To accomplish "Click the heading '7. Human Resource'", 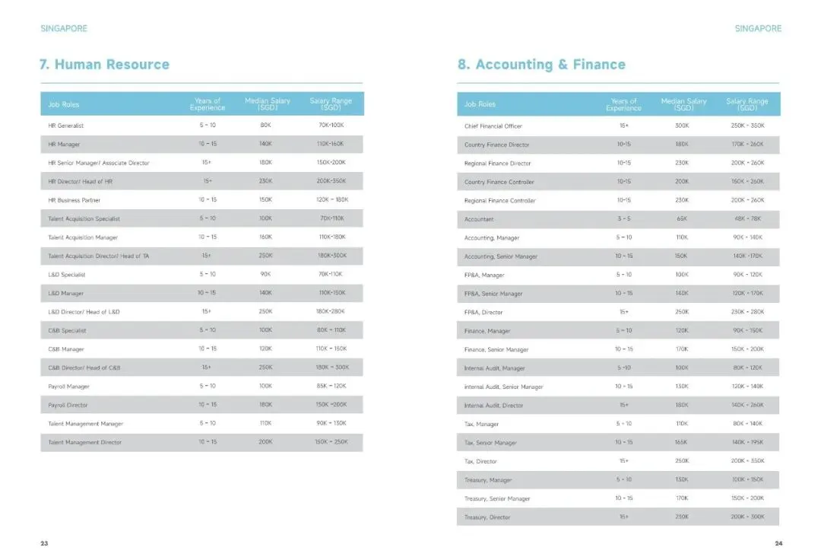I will (x=104, y=65).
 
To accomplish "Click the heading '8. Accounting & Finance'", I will (x=541, y=65).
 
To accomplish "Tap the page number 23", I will (x=44, y=543).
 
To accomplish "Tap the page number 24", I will (x=778, y=543).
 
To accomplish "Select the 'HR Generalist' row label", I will (x=66, y=126).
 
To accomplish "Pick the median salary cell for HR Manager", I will (x=265, y=144).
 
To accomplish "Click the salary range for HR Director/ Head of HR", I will (x=331, y=181).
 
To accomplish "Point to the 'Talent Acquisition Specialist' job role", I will (x=84, y=218).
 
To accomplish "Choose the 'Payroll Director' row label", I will (x=68, y=405).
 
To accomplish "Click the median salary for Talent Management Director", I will (x=265, y=442).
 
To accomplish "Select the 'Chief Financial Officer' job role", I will (x=493, y=126).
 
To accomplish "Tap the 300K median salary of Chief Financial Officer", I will (x=682, y=126).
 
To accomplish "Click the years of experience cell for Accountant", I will (x=623, y=219).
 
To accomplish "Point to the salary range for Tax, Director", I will (x=747, y=461).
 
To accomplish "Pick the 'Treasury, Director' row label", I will (x=487, y=517).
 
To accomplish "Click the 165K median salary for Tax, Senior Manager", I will (x=682, y=443).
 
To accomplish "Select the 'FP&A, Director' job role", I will (x=483, y=312).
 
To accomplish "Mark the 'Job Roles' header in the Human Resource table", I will (x=64, y=104).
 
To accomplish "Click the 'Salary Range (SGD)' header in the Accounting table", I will (x=747, y=104).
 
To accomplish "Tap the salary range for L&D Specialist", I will (x=331, y=274).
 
